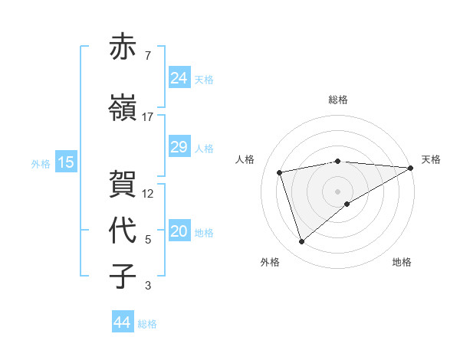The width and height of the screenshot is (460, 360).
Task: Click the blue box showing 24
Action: [179, 77]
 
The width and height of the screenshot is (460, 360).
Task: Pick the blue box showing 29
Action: [179, 147]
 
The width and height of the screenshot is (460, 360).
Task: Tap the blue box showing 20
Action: [179, 232]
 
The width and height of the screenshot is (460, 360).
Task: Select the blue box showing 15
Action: [66, 162]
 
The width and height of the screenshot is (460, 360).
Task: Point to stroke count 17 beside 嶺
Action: [148, 117]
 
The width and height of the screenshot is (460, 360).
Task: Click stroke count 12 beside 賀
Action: [149, 194]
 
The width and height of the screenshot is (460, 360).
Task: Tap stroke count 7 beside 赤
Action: [147, 56]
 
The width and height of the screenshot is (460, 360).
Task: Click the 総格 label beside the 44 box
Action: [147, 324]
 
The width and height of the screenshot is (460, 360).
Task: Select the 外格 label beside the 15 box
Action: [41, 163]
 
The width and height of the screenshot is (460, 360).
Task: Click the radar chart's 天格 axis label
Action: [432, 159]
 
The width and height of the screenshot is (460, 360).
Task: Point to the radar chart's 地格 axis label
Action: [402, 262]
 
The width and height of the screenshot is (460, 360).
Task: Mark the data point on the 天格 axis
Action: [411, 168]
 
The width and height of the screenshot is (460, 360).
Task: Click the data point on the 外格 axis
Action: [301, 242]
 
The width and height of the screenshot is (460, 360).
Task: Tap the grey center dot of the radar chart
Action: [338, 191]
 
